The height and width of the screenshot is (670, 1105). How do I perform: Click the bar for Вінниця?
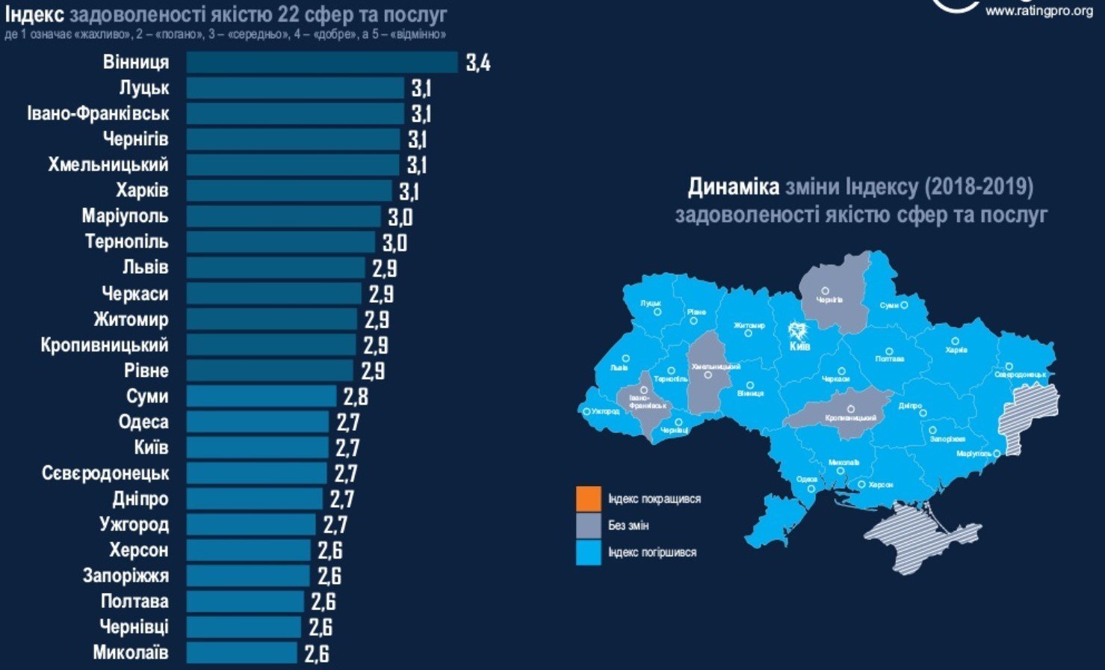pyautogui.click(x=321, y=62)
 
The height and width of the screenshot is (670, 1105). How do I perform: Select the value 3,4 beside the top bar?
pyautogui.click(x=478, y=63)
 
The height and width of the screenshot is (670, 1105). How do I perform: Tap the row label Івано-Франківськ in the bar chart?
pyautogui.click(x=98, y=114)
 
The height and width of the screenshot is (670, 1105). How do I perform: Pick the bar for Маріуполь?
pyautogui.click(x=283, y=217)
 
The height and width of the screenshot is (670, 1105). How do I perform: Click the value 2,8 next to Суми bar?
pyautogui.click(x=356, y=397)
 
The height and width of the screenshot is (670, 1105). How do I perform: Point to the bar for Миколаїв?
pyautogui.click(x=241, y=653)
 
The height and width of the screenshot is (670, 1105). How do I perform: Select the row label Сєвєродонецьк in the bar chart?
pyautogui.click(x=105, y=473)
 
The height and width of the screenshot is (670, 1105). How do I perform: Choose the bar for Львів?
pyautogui.click(x=275, y=268)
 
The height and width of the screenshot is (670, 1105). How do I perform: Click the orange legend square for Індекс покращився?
pyautogui.click(x=589, y=499)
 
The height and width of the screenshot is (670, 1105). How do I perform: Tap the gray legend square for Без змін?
pyautogui.click(x=589, y=526)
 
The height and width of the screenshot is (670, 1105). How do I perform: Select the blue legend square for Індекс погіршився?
pyautogui.click(x=589, y=553)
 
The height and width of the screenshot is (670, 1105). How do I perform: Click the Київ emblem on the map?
pyautogui.click(x=798, y=331)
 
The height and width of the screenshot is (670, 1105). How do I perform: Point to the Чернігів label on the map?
pyautogui.click(x=829, y=300)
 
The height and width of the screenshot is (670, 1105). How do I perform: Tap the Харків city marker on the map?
pyautogui.click(x=964, y=341)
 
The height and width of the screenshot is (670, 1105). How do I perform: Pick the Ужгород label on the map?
pyautogui.click(x=605, y=411)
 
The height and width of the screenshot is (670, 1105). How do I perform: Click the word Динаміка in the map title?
pyautogui.click(x=732, y=187)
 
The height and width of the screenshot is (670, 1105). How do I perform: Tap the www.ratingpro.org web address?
pyautogui.click(x=1039, y=10)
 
